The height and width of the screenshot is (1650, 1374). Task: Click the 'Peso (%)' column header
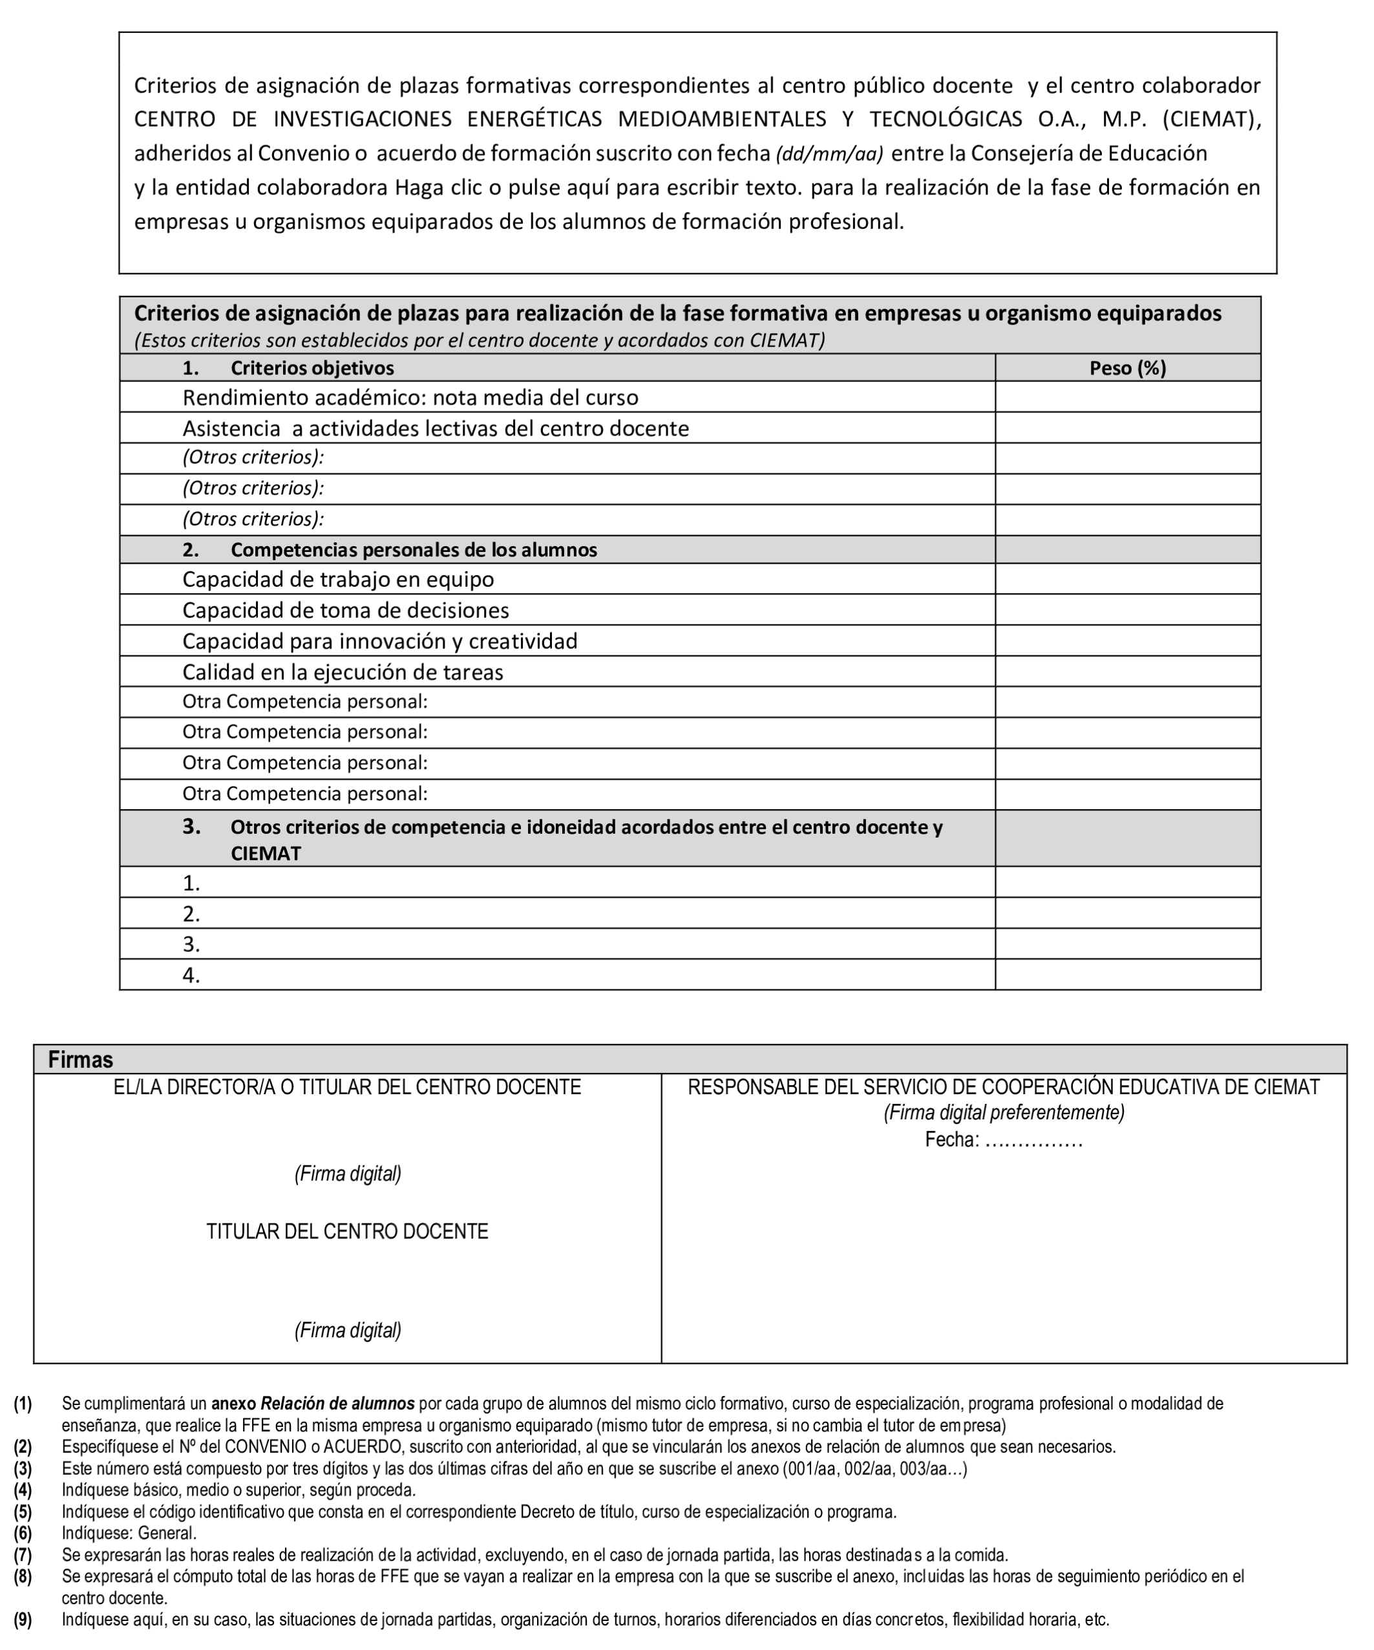[1126, 368]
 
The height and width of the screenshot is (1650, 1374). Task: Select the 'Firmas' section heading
[80, 1060]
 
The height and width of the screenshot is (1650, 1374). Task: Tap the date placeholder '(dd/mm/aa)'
[829, 154]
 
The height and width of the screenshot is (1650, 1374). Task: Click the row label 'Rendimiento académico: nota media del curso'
[410, 397]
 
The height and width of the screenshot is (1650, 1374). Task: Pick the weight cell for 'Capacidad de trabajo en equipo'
[1126, 579]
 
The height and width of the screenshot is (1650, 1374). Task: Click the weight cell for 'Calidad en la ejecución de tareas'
[1126, 672]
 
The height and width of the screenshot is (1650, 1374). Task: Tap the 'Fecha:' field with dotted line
[1003, 1140]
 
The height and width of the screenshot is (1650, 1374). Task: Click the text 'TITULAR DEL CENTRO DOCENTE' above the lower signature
[347, 1231]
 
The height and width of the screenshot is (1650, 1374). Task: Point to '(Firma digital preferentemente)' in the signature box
[1003, 1112]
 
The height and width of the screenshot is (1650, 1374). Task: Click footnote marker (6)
[23, 1533]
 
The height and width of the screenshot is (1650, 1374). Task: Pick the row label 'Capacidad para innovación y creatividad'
[379, 641]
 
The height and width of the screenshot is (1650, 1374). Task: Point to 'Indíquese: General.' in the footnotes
[130, 1533]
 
